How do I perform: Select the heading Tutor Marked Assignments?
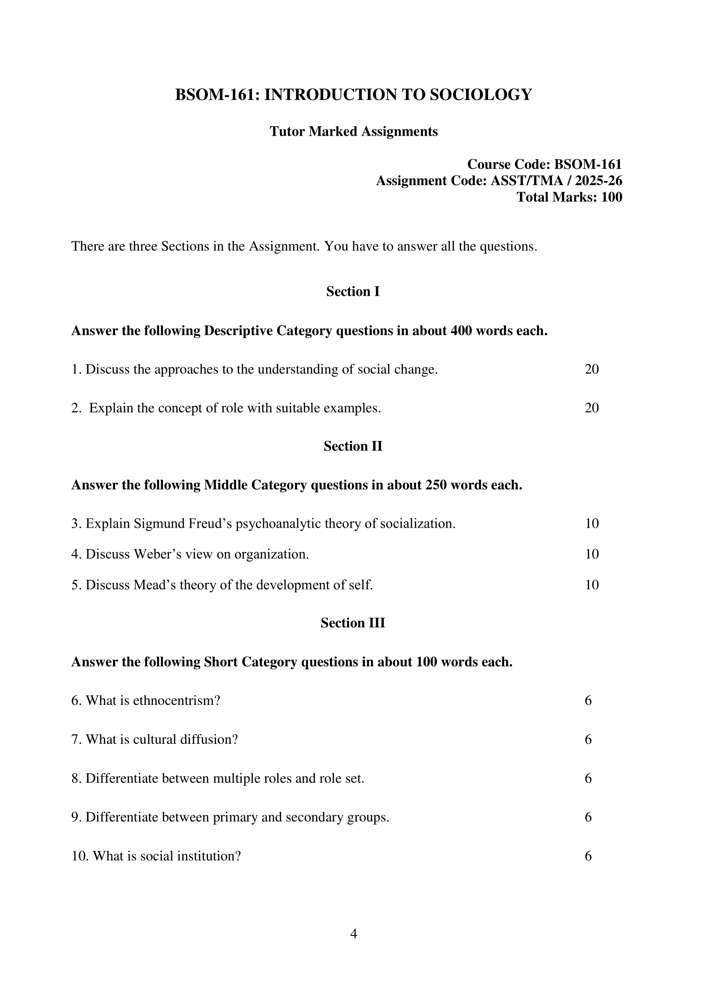[353, 131]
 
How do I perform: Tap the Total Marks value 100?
[612, 197]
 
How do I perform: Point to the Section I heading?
[353, 291]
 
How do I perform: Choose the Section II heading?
[353, 446]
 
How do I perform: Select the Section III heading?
[353, 623]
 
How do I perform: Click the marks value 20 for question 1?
[592, 369]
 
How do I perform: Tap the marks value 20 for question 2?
[592, 408]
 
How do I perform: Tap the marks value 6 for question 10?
[588, 856]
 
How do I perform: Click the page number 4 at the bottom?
[353, 934]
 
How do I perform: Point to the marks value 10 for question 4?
[592, 554]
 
